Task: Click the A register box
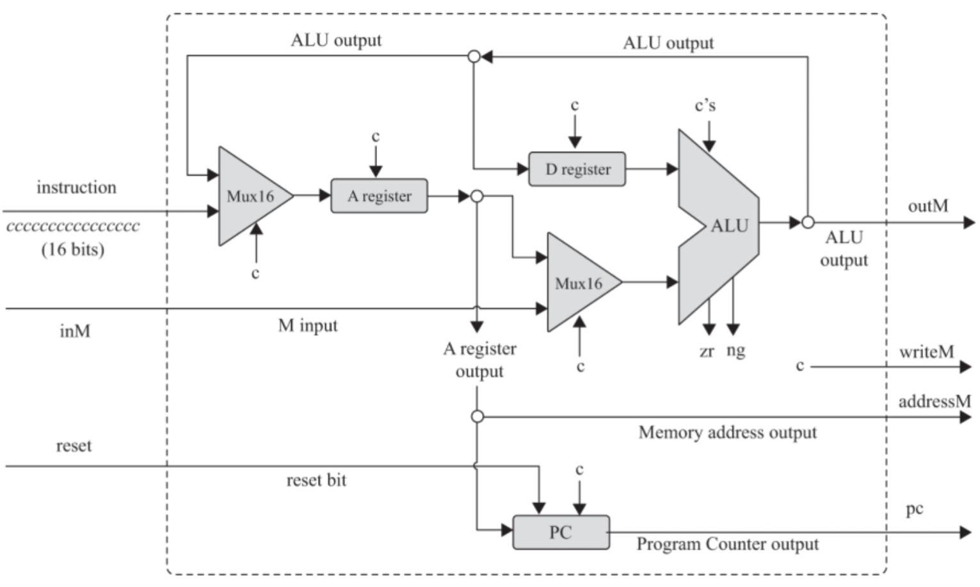379,196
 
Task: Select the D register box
577,169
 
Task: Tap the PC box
561,533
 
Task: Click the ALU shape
720,226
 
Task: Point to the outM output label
928,206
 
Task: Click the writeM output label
926,352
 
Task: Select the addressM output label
935,402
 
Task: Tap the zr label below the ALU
707,351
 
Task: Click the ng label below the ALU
735,351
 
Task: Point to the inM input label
75,331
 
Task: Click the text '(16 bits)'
73,249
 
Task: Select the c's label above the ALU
705,106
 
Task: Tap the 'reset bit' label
316,480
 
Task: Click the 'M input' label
308,325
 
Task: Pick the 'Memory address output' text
727,433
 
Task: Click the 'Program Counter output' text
727,544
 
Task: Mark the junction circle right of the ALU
808,223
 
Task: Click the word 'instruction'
76,188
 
